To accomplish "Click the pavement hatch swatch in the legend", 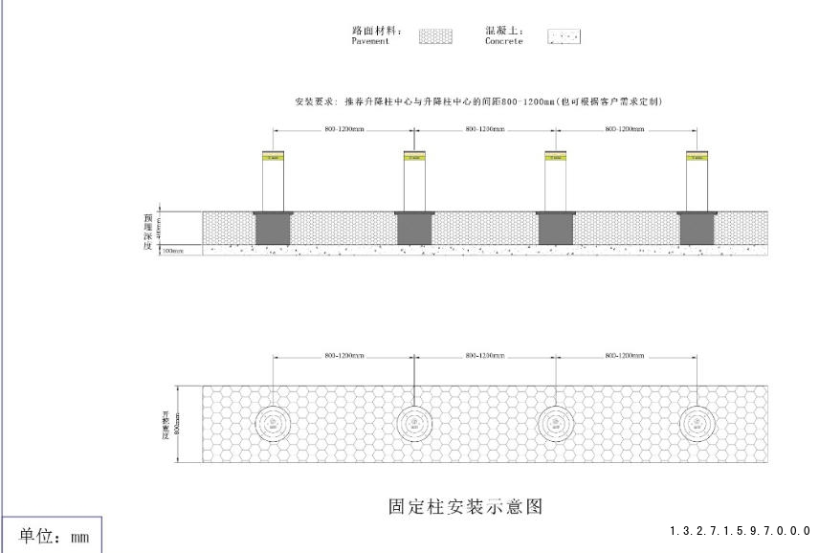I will [435, 36].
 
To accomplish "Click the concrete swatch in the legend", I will [564, 36].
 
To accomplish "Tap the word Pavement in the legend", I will [370, 41].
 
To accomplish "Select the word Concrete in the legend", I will [504, 41].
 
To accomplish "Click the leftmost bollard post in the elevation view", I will [274, 182].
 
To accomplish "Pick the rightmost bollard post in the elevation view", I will [697, 182].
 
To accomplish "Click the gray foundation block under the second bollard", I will [414, 230].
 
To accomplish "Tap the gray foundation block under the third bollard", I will [555, 230].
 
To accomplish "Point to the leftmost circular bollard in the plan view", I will [274, 423].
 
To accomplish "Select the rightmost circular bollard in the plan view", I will [697, 423].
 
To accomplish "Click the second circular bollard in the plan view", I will [414, 423].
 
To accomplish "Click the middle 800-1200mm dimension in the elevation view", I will [485, 128].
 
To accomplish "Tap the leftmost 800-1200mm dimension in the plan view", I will [343, 356].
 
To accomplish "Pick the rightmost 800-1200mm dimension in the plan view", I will [626, 356].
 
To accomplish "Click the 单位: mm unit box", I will [54, 536].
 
